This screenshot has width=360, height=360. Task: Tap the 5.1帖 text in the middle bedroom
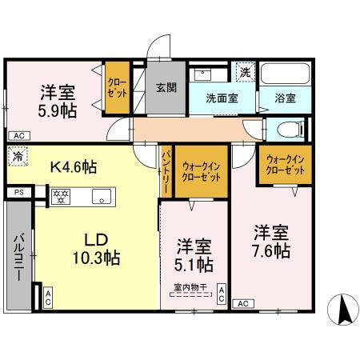tap(194, 263)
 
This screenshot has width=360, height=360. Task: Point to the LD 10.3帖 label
tap(97, 248)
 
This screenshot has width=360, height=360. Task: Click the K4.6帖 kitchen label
tap(73, 167)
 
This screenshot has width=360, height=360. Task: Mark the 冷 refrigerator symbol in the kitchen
tap(18, 158)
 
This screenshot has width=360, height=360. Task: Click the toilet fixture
tap(289, 128)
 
